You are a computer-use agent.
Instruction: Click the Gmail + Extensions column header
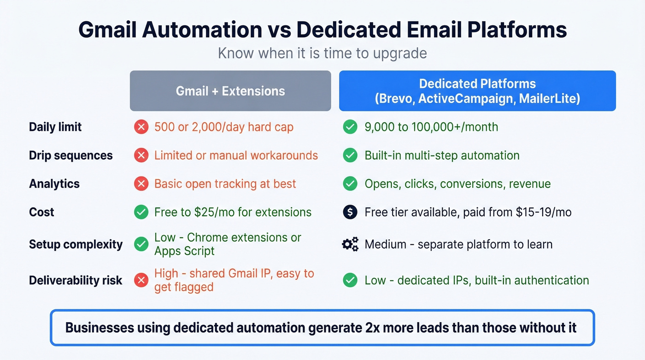pyautogui.click(x=230, y=91)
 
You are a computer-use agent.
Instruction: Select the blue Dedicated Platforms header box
pyautogui.click(x=477, y=91)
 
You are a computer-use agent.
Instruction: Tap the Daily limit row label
pyautogui.click(x=55, y=127)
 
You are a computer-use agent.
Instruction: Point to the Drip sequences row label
pyautogui.click(x=70, y=155)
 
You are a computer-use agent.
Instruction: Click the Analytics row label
pyautogui.click(x=54, y=184)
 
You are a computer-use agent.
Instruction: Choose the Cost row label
pyautogui.click(x=41, y=212)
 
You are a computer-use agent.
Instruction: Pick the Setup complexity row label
pyautogui.click(x=76, y=244)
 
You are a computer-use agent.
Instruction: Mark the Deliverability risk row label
pyautogui.click(x=76, y=280)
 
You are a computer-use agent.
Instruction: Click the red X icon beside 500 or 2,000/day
pyautogui.click(x=141, y=127)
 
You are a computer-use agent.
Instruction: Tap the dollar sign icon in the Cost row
pyautogui.click(x=350, y=212)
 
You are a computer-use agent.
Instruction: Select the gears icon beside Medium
pyautogui.click(x=350, y=244)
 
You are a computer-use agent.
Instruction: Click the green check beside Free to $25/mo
pyautogui.click(x=141, y=212)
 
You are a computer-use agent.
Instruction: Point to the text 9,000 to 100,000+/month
pyautogui.click(x=431, y=127)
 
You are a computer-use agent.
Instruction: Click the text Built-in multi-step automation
pyautogui.click(x=442, y=155)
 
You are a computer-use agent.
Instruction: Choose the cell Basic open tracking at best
pyautogui.click(x=225, y=184)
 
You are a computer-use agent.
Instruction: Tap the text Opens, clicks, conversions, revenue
pyautogui.click(x=457, y=184)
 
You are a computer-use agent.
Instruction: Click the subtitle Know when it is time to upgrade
pyautogui.click(x=322, y=53)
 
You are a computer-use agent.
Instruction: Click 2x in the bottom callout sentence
pyautogui.click(x=369, y=328)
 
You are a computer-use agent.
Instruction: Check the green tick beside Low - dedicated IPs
pyautogui.click(x=350, y=280)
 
